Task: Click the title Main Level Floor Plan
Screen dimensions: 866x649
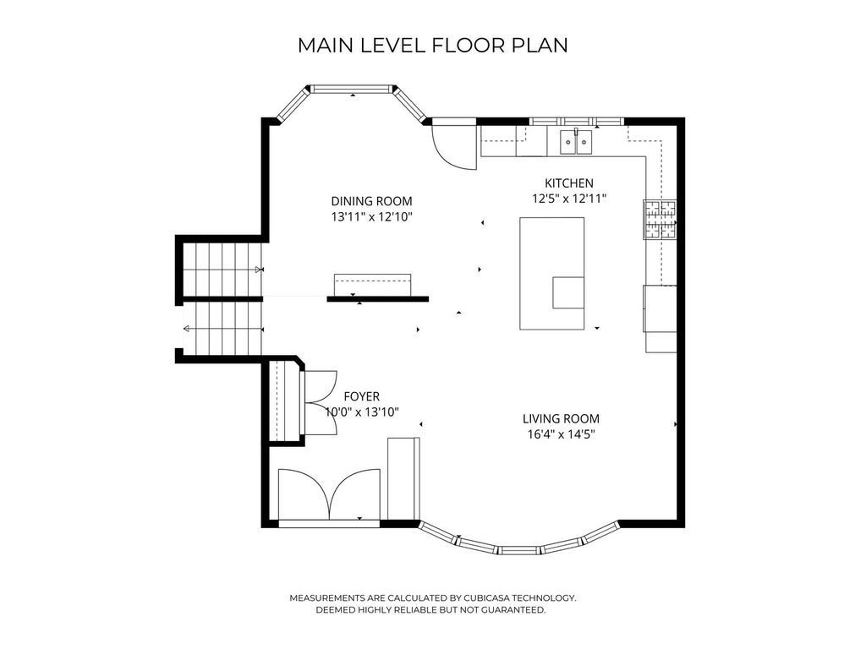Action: point(432,46)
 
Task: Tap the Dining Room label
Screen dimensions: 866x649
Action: point(372,201)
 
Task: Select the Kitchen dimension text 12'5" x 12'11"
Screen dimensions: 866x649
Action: point(569,199)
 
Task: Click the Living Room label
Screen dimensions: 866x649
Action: point(562,419)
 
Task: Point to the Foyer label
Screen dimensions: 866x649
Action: point(362,396)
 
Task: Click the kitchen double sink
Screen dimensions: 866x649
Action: point(576,142)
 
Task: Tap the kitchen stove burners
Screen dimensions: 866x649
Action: point(660,219)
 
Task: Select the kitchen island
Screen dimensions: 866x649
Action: point(551,274)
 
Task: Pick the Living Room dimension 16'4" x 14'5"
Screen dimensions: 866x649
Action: point(562,434)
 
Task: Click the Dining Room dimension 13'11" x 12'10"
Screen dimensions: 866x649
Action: point(372,217)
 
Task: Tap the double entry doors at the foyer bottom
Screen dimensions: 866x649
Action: point(329,495)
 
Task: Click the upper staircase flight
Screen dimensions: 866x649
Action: point(222,270)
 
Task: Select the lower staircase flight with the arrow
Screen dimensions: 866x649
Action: point(222,329)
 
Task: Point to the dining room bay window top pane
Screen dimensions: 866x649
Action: point(352,88)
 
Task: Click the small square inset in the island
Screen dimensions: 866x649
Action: point(568,292)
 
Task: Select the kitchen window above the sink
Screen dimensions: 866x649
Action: point(576,121)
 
